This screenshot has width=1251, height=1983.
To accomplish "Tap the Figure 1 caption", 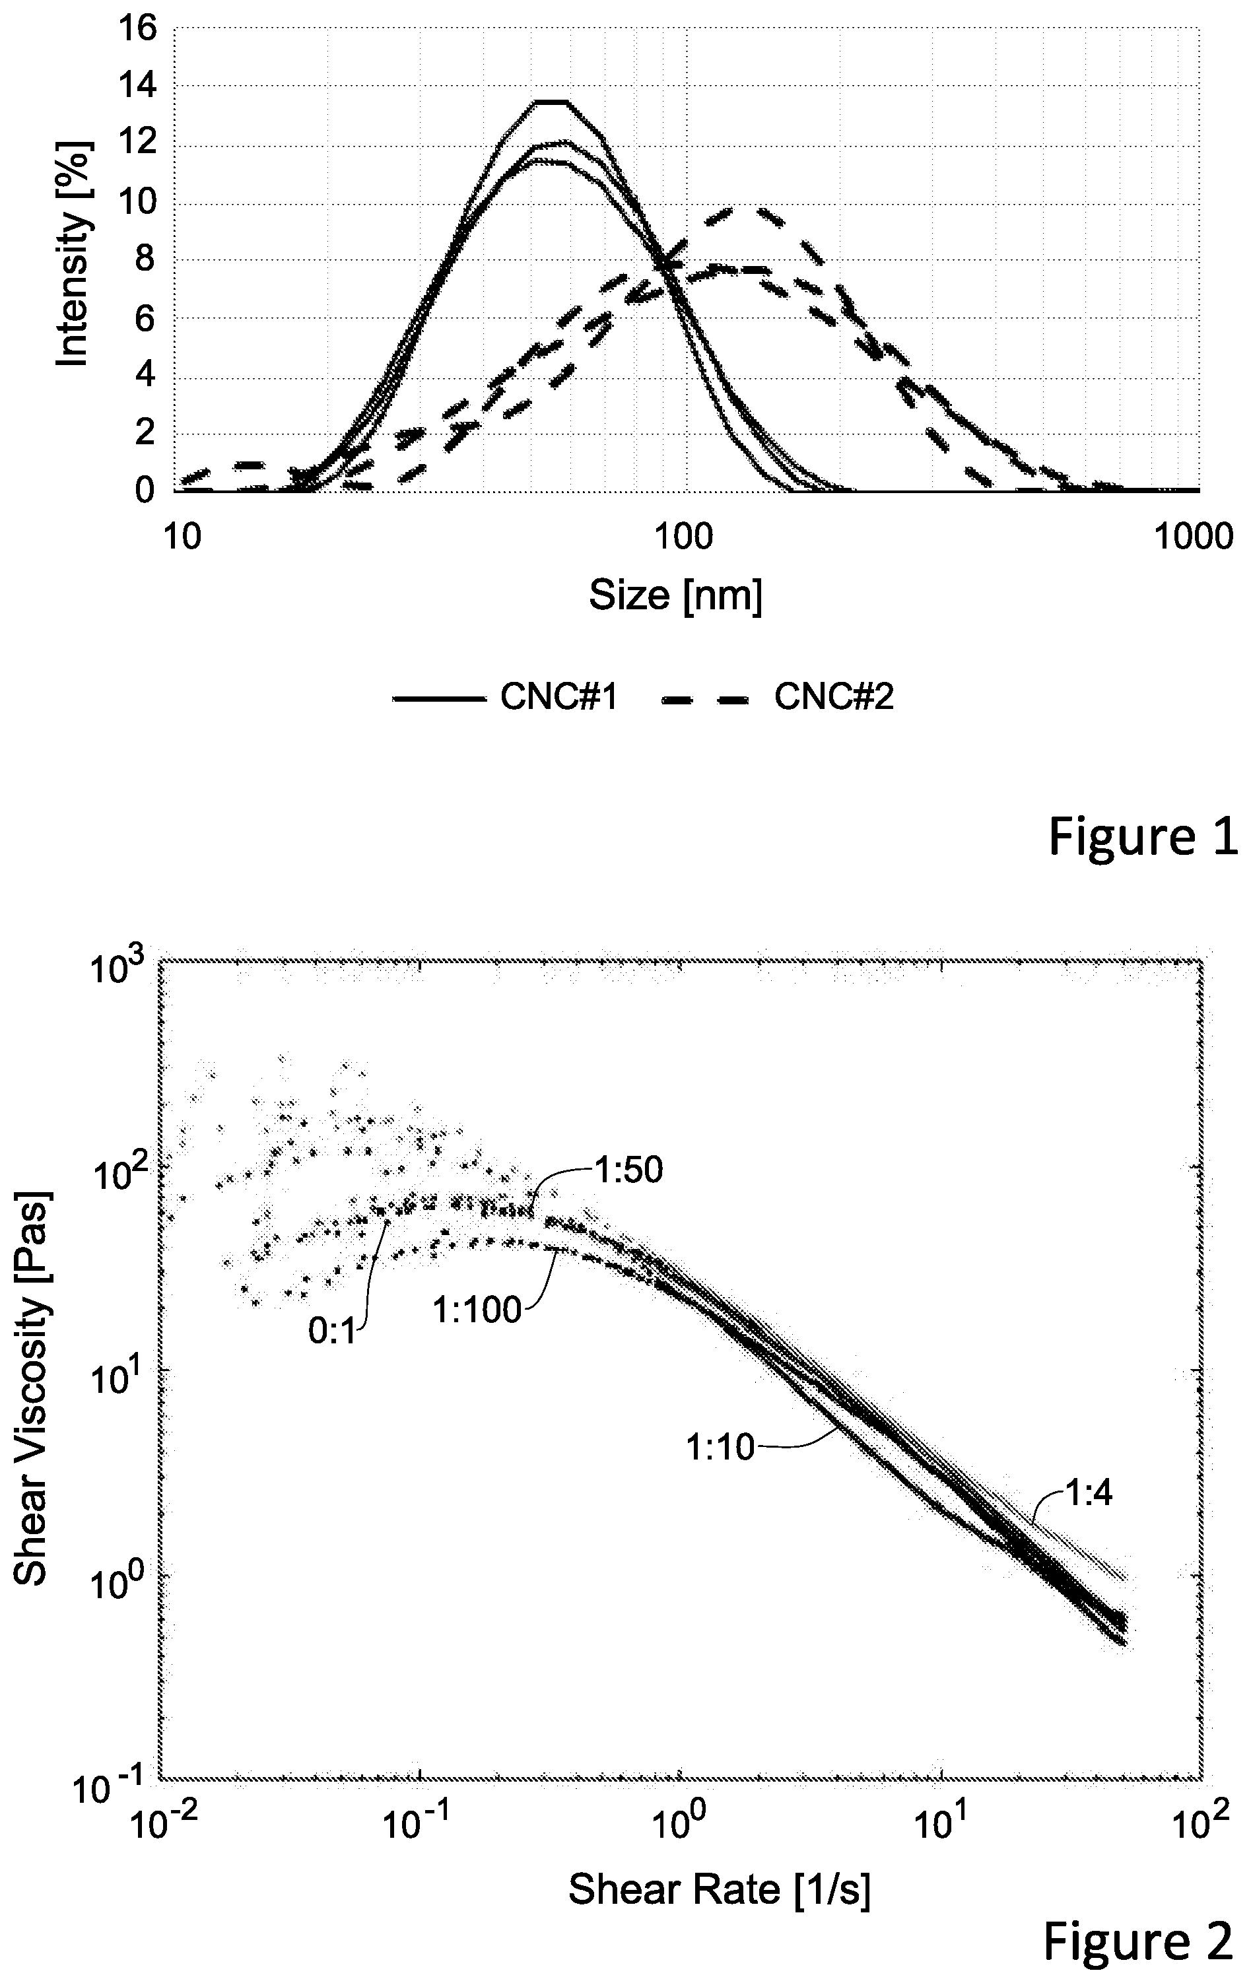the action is (x=1143, y=838).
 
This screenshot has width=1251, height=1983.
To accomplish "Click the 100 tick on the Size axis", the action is (x=680, y=537).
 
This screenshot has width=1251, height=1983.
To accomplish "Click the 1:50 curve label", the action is (x=625, y=1171).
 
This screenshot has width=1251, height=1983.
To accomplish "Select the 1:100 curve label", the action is (x=478, y=1310).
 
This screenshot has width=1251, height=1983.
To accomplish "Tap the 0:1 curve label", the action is (x=333, y=1331).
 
